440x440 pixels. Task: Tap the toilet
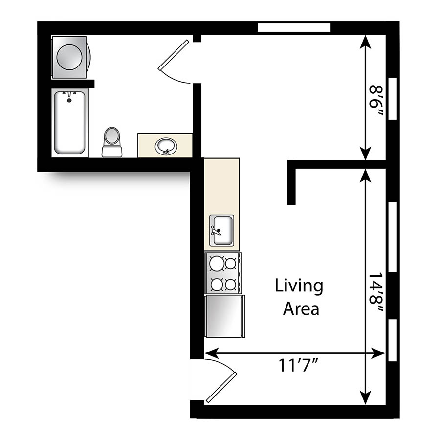tap(112, 142)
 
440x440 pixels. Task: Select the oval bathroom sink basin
tap(166, 145)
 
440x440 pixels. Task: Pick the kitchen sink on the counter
tap(221, 230)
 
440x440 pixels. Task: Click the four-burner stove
tap(223, 273)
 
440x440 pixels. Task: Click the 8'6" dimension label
tap(377, 101)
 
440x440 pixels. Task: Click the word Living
tap(299, 286)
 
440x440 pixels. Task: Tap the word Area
tap(301, 309)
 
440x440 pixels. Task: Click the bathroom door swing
tap(174, 62)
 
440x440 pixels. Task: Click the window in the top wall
tap(294, 28)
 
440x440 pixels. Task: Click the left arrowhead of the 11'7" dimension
tap(209, 353)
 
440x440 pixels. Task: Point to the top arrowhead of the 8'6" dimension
tap(365, 41)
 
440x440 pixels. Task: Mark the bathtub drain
tap(69, 100)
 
